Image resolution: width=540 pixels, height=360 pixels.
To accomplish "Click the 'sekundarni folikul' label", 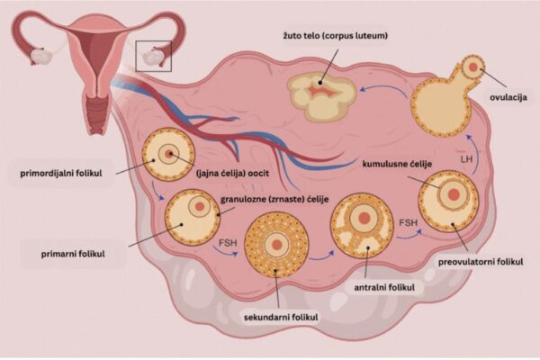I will tap(281, 318).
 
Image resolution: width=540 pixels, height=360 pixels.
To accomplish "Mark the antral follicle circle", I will tap(364, 225).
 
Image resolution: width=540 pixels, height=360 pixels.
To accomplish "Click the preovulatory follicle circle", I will tap(447, 201).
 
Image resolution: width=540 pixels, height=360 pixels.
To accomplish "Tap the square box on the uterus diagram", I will tap(153, 55).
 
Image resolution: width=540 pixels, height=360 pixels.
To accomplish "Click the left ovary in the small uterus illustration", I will tap(40, 55).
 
